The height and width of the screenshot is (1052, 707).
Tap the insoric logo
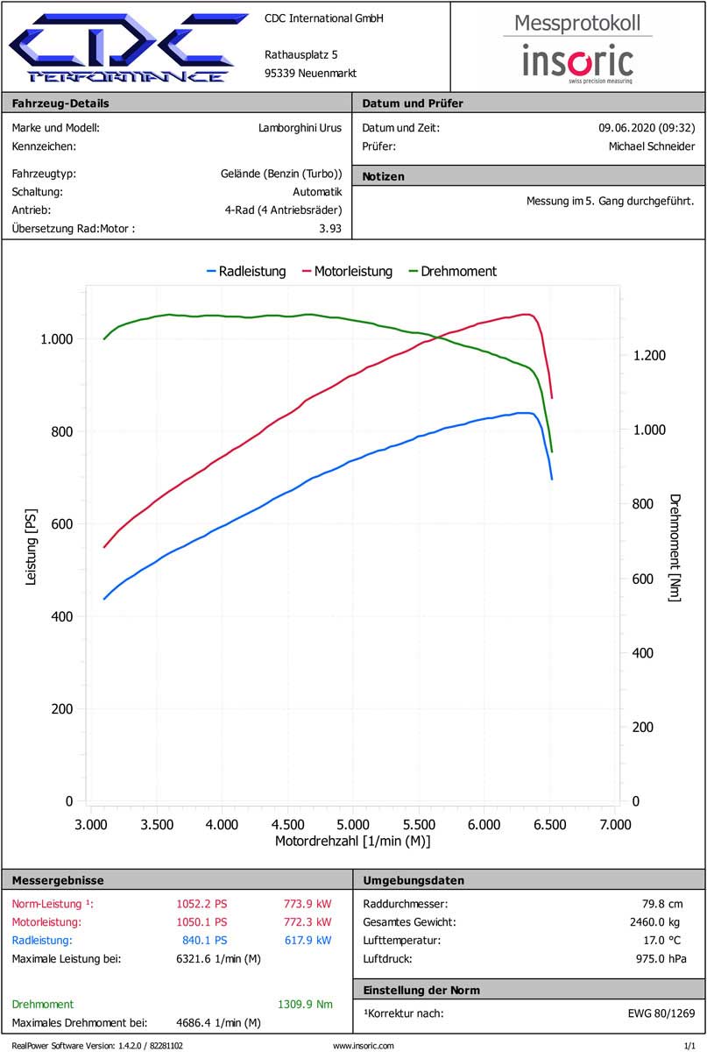[x=578, y=61]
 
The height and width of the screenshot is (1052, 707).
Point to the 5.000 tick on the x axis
[x=352, y=824]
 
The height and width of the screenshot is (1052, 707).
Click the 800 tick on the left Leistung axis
[x=60, y=431]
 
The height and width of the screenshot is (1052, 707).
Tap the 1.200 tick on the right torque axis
[x=649, y=355]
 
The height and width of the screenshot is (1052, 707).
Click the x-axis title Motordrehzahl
[x=352, y=842]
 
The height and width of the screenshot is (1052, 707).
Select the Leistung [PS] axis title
[x=32, y=551]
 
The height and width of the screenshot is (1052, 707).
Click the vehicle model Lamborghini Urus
[x=300, y=127]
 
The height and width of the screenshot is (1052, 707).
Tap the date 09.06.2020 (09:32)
[x=640, y=127]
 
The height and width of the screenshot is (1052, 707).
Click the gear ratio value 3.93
[x=330, y=229]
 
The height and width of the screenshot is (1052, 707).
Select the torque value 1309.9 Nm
[x=305, y=1004]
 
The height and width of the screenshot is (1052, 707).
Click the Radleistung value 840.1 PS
[x=201, y=940]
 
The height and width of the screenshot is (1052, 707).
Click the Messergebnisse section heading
[x=58, y=880]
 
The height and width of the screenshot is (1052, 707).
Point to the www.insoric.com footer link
[x=364, y=1045]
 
